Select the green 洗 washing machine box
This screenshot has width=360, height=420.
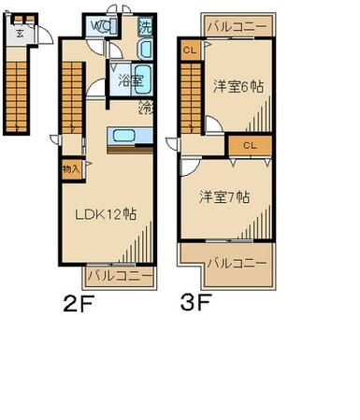[x=145, y=27]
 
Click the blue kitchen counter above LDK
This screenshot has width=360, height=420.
[x=124, y=137]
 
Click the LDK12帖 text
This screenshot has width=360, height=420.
[x=106, y=212]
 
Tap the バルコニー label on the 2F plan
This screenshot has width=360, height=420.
[x=119, y=277]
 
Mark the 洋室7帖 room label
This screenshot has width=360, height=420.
[x=223, y=196]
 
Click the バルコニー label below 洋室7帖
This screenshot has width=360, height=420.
[x=237, y=263]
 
